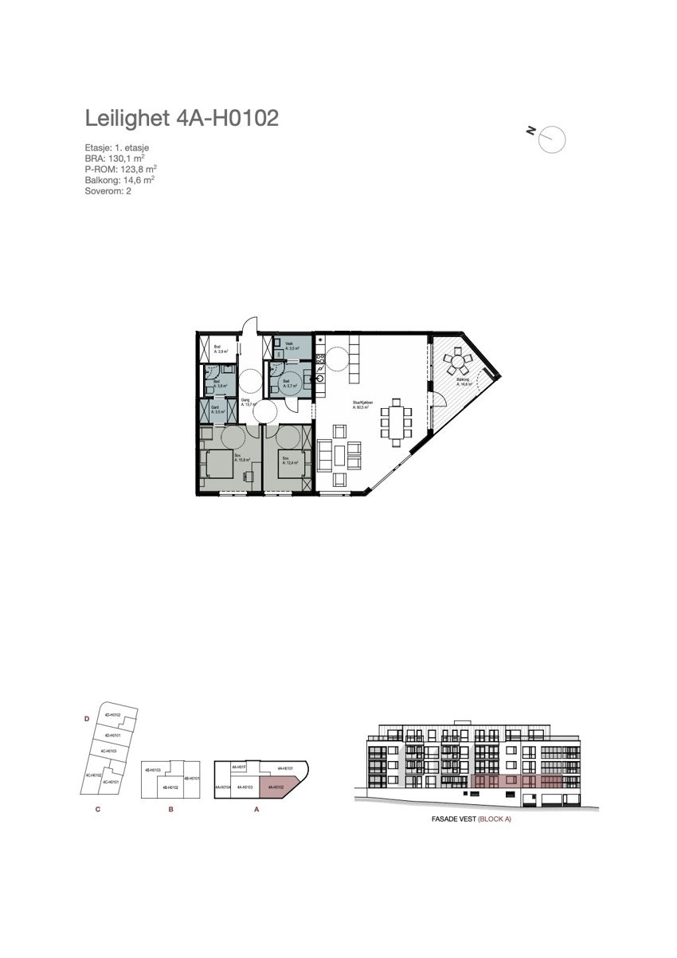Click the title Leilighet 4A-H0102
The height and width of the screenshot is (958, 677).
(x=182, y=119)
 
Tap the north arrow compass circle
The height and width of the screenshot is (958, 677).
(x=552, y=139)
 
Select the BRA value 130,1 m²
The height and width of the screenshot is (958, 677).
(x=119, y=159)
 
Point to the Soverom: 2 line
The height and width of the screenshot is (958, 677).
(x=108, y=190)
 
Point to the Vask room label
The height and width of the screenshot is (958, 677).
(x=290, y=344)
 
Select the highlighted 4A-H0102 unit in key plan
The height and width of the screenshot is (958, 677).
(x=280, y=787)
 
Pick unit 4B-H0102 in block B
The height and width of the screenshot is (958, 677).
(x=170, y=787)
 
